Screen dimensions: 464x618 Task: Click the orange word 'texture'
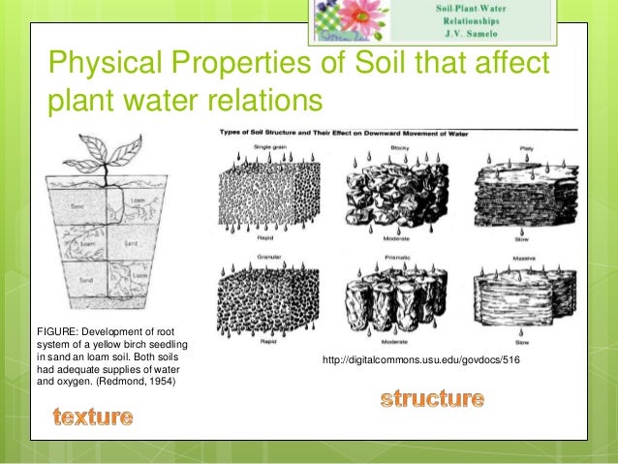point(93,418)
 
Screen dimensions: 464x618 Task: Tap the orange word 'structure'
point(432,398)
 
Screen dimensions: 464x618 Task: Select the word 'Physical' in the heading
point(110,65)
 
